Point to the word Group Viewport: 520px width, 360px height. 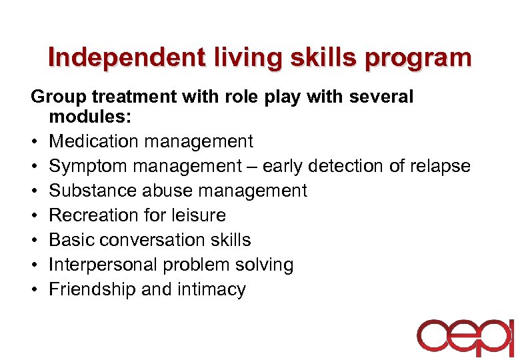tap(59, 97)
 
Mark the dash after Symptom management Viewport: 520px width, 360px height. tap(250, 167)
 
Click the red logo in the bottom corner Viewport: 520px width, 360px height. tap(465, 336)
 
